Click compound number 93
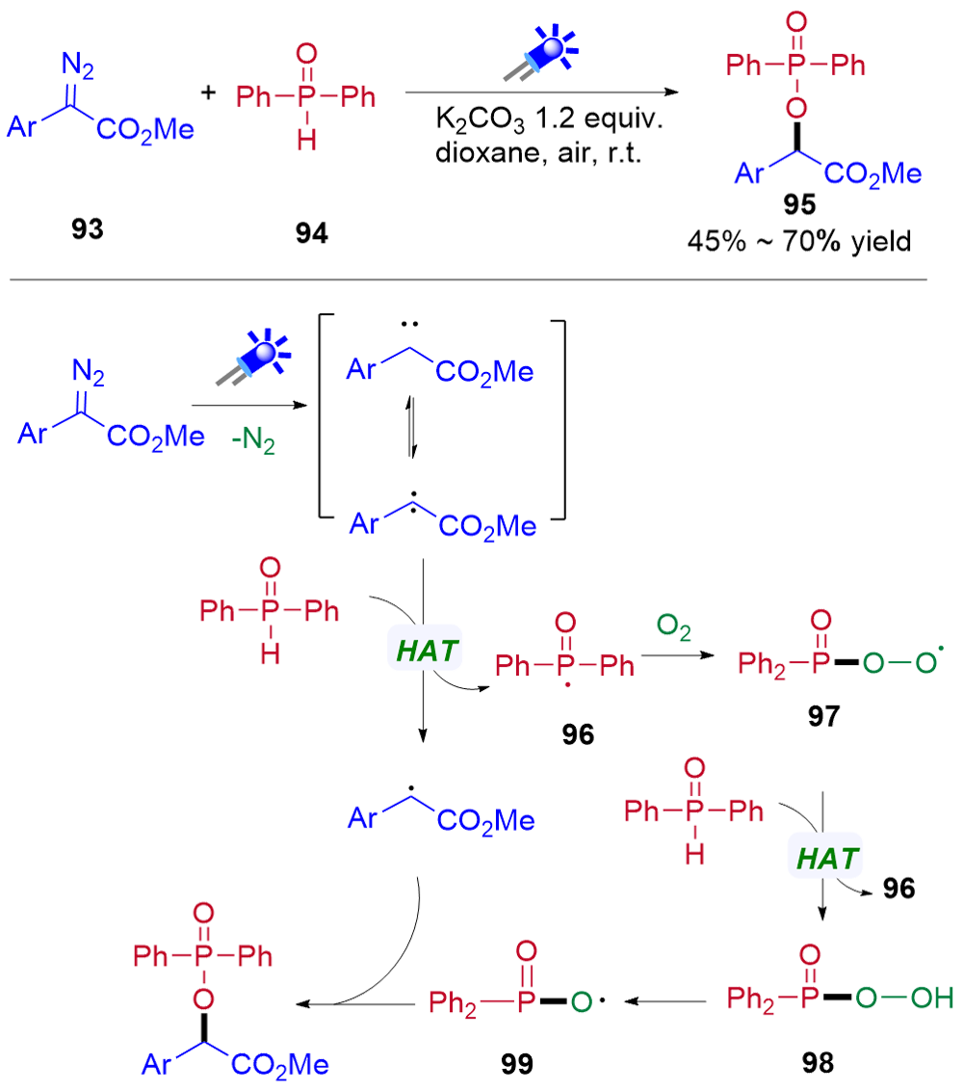coord(87,229)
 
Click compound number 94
coord(311,233)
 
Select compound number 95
coord(799,204)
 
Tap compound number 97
coord(824,716)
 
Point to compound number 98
coord(818,1062)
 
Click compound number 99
coord(516,1063)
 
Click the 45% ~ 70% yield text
coord(799,242)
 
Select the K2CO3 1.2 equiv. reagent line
coord(549,120)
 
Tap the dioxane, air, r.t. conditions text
coord(538,153)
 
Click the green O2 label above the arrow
coord(674,626)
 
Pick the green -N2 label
coord(253,439)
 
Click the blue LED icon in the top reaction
coord(541,53)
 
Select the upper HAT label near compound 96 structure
coord(426,651)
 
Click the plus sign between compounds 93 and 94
coord(208,92)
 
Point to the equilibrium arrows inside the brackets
coord(411,427)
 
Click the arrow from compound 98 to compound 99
coord(665,1001)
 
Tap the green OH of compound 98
coord(932,998)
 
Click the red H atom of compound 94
coord(306,141)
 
